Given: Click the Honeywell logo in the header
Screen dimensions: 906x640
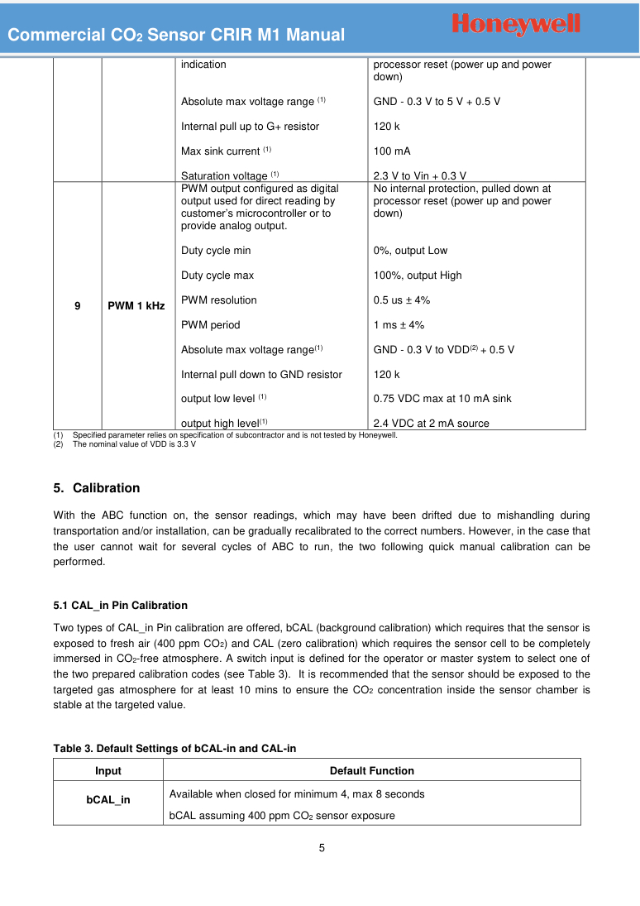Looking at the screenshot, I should click(517, 24).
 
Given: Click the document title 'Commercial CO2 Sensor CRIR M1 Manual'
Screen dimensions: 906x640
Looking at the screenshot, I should click(176, 36).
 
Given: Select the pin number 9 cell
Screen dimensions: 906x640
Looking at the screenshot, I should click(77, 306).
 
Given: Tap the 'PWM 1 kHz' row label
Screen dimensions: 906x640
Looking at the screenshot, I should click(136, 306).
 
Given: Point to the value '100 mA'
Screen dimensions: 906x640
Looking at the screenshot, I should click(392, 151).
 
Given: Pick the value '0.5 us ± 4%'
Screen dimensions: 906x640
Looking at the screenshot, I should click(402, 300).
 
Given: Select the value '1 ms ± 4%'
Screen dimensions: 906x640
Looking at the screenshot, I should click(399, 325).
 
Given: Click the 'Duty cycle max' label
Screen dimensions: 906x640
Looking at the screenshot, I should click(217, 276).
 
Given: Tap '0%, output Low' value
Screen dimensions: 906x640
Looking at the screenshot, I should click(410, 251).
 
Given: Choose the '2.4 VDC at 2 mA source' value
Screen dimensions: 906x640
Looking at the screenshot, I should click(431, 424).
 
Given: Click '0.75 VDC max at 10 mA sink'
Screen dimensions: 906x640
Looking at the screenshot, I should click(442, 399).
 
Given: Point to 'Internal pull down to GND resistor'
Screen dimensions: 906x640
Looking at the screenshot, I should click(261, 375).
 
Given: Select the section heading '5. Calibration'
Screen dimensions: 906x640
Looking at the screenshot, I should click(97, 488).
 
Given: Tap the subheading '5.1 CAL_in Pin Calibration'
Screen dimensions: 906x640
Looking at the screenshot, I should click(120, 606).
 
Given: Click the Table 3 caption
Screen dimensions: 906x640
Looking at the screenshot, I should click(174, 749).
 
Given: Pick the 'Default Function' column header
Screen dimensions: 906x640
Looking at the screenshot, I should click(371, 771).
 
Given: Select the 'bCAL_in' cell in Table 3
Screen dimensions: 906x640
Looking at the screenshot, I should click(108, 800).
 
